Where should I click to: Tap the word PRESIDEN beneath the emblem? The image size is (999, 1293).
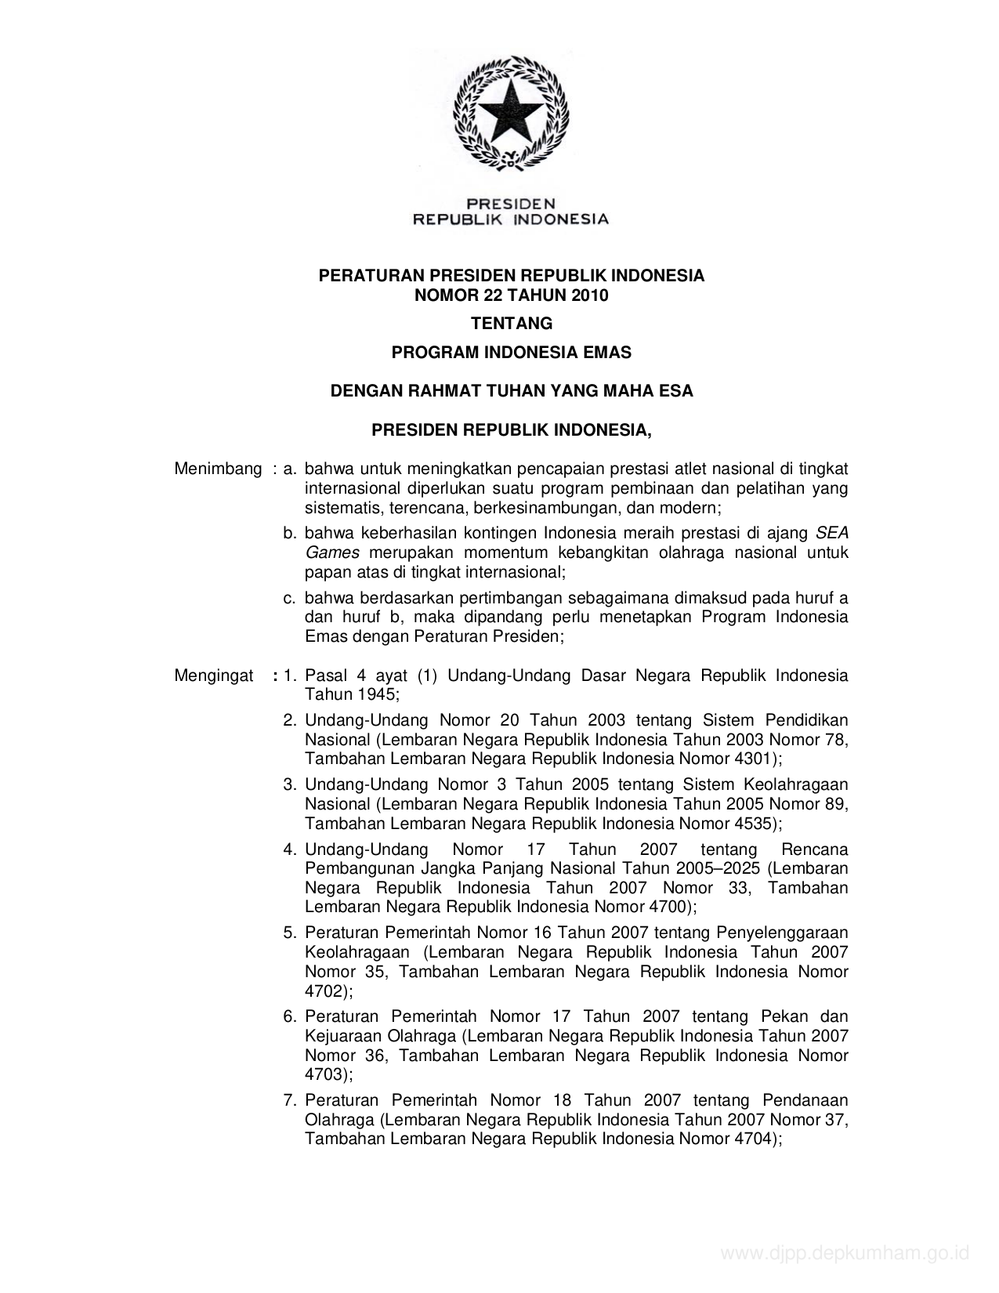510,203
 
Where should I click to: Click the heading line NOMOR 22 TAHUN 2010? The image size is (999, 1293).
511,295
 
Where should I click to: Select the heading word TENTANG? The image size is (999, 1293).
511,323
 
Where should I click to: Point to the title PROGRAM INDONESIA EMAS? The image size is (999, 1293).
511,353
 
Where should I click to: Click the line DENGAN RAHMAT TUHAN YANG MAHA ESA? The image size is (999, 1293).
511,390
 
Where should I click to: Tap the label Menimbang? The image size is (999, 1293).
218,469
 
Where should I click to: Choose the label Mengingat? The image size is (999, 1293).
214,675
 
